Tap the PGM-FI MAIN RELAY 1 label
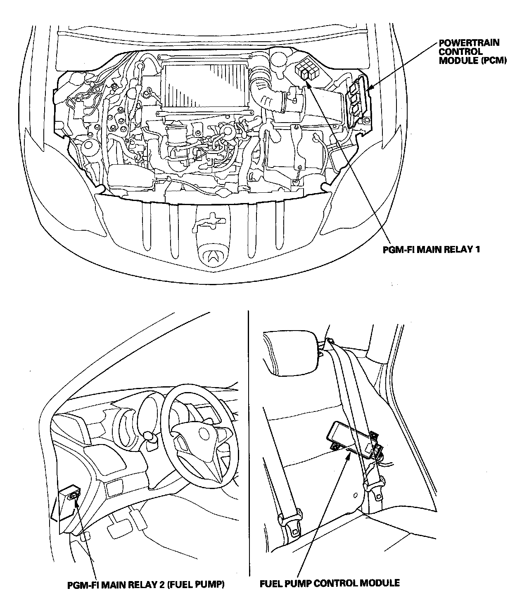431,249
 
